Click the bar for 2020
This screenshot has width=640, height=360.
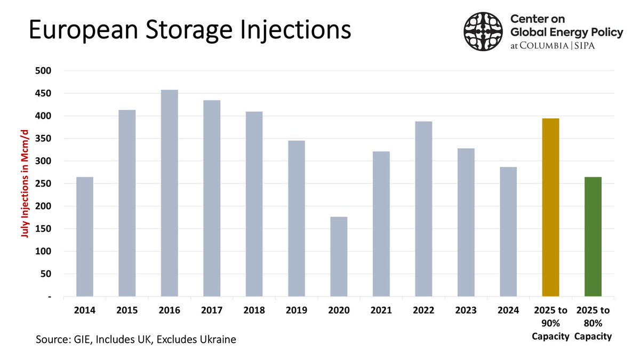coord(339,257)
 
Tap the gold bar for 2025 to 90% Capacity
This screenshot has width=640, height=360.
coord(550,207)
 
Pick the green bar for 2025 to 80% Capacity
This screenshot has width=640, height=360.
coord(593,237)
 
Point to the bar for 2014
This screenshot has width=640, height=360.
coord(85,237)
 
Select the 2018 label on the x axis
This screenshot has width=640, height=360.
coord(254,310)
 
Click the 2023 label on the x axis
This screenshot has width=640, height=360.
coord(466,310)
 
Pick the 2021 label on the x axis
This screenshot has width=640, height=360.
coord(381,310)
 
